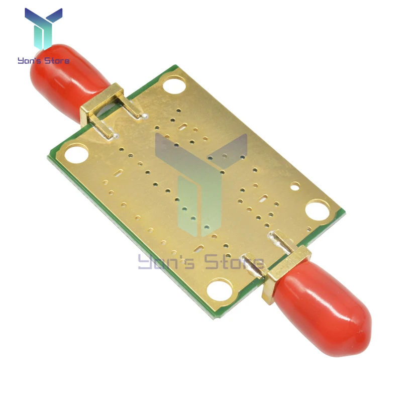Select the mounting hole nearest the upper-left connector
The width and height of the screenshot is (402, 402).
[x=174, y=83]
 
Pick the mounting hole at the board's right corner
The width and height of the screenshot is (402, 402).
[x=317, y=210]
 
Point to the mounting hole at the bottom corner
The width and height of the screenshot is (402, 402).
[x=220, y=289]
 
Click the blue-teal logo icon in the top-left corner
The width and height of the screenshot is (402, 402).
[x=43, y=28]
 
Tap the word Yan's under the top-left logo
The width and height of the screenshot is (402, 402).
[x=29, y=61]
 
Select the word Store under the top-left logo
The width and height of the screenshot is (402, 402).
[x=57, y=61]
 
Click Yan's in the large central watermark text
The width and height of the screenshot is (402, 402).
[x=166, y=261]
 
